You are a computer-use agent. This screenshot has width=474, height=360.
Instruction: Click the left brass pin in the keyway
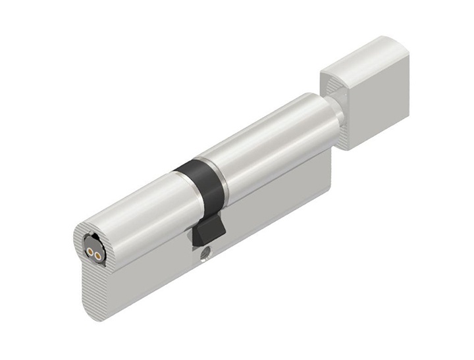click(88, 251)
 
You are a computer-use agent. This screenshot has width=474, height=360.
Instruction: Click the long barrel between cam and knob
click(270, 141)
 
